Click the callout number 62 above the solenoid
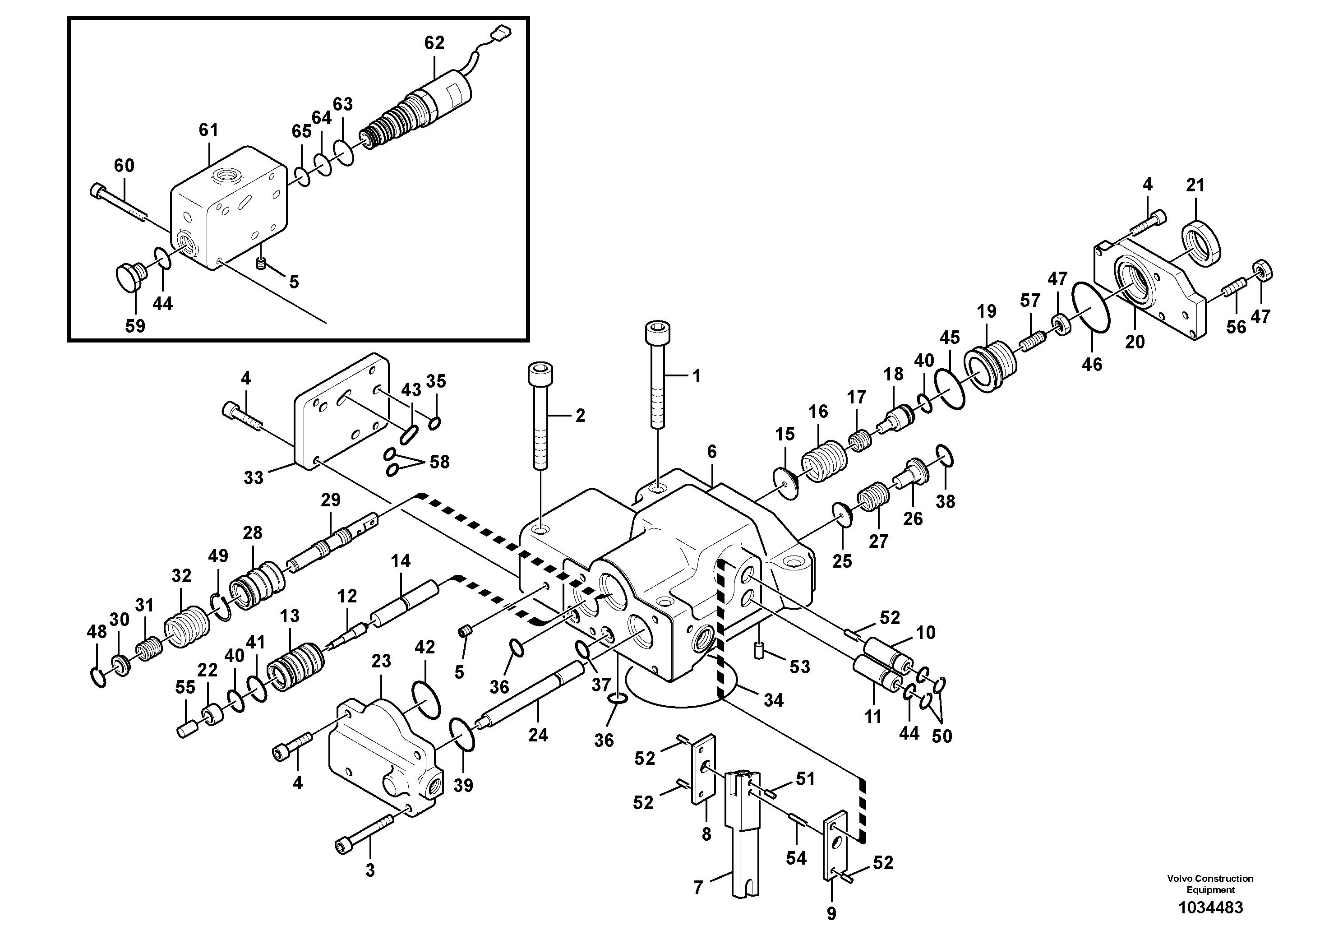point(434,43)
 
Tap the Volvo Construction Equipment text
point(1210,884)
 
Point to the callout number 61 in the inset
point(208,130)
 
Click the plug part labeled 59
point(129,276)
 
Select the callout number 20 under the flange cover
point(1135,342)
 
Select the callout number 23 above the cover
point(381,662)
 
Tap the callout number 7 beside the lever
point(698,888)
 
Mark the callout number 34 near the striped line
point(773,700)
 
